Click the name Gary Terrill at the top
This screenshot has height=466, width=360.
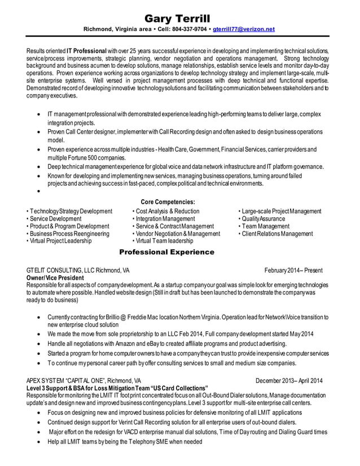click(180, 17)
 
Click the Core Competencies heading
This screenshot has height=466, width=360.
click(168, 202)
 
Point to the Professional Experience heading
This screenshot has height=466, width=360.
click(166, 252)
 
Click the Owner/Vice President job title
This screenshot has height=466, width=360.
click(55, 278)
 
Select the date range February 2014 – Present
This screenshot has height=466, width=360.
click(295, 270)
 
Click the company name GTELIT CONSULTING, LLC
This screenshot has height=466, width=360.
click(61, 270)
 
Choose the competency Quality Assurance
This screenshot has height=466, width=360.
click(263, 219)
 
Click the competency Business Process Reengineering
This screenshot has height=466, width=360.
click(69, 234)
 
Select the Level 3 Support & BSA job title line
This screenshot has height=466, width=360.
click(117, 388)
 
